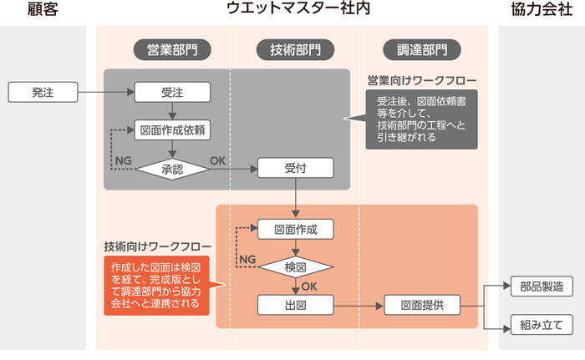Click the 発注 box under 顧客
[43, 92]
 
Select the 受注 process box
[171, 92]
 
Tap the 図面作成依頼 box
[171, 129]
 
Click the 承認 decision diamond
[171, 168]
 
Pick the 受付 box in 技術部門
[295, 168]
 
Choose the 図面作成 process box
[295, 228]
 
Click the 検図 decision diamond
[295, 266]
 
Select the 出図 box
[295, 305]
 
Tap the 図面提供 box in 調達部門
[422, 305]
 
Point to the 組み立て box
[542, 324]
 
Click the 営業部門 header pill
[171, 48]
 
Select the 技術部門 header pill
[295, 48]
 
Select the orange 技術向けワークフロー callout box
[156, 284]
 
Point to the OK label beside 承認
[217, 160]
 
